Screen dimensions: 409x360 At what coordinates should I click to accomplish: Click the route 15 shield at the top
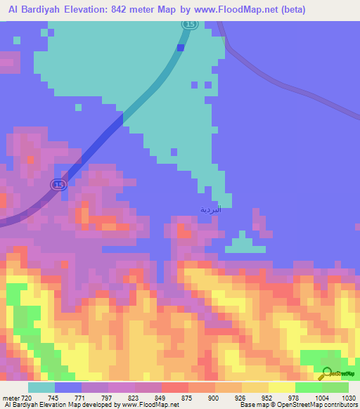point(190,24)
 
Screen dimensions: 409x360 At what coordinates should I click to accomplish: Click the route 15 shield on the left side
point(58,184)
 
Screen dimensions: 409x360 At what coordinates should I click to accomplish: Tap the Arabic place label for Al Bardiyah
point(210,209)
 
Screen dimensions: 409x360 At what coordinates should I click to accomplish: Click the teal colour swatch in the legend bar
point(41,387)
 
